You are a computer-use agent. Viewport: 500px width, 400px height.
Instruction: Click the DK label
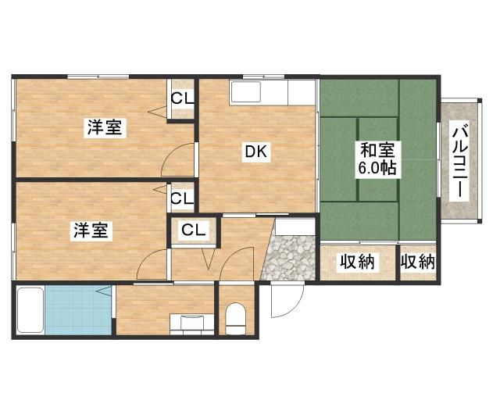pyautogui.click(x=258, y=153)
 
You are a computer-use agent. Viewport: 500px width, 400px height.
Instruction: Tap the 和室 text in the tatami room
pyautogui.click(x=377, y=148)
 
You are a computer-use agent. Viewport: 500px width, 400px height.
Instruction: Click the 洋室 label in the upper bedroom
pyautogui.click(x=104, y=127)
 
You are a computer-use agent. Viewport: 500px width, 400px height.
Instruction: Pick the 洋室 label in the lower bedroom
pyautogui.click(x=92, y=230)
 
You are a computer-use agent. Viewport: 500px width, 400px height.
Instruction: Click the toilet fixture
pyautogui.click(x=235, y=318)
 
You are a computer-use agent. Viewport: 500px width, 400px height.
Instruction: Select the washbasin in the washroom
pyautogui.click(x=191, y=323)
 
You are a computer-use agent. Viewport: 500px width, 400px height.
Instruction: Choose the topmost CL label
pyautogui.click(x=183, y=98)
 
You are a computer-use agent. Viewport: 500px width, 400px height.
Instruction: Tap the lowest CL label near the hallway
pyautogui.click(x=194, y=230)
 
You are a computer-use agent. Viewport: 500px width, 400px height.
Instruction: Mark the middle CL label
pyautogui.click(x=182, y=199)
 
